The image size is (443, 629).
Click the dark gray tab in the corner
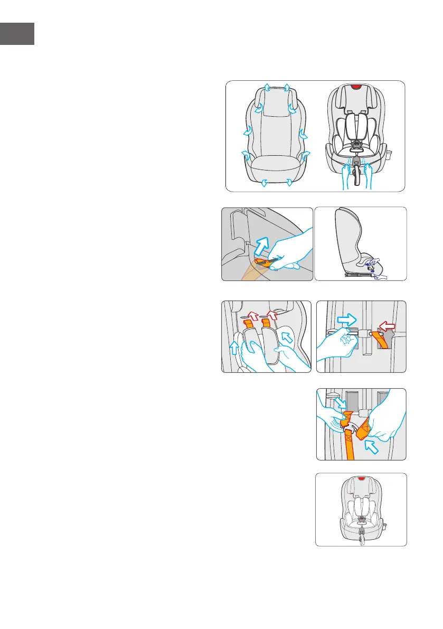[x=17, y=34]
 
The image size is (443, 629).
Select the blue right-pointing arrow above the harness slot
[x=347, y=319]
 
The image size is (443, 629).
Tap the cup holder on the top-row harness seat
[x=391, y=156]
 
